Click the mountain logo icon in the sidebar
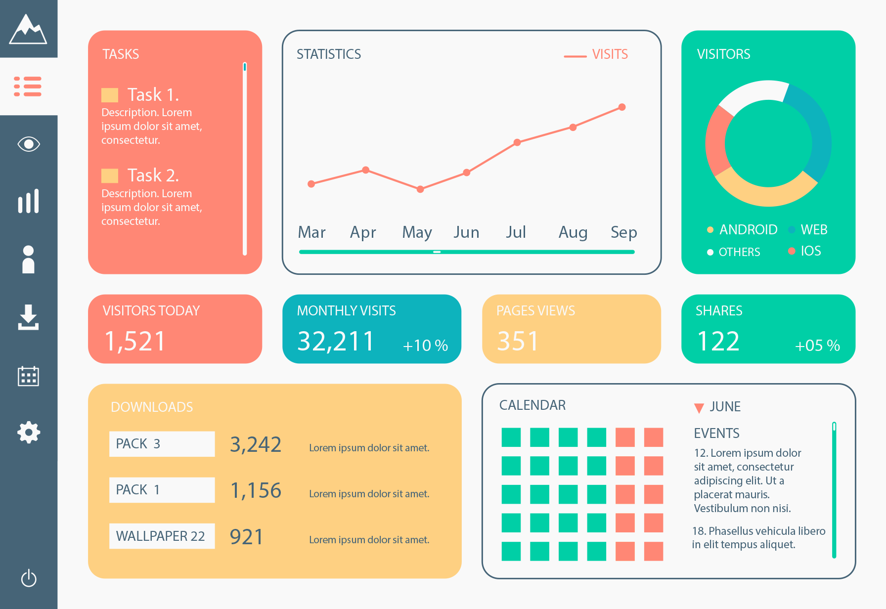tap(28, 30)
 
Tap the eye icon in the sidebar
tap(29, 144)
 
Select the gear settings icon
tap(29, 432)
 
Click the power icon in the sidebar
tap(29, 578)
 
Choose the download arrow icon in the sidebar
tap(29, 317)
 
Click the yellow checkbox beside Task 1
tap(110, 95)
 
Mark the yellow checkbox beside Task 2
tap(110, 175)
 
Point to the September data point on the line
tap(622, 107)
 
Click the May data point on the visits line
tap(420, 189)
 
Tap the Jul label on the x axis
tap(516, 232)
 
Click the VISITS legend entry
tap(610, 54)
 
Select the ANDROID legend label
tap(748, 229)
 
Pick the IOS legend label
tap(811, 251)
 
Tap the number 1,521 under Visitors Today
tap(135, 341)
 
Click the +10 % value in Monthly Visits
tap(425, 345)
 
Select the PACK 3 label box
tap(162, 444)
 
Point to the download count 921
tap(247, 537)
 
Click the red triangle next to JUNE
tap(699, 408)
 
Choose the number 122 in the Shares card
tap(718, 341)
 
